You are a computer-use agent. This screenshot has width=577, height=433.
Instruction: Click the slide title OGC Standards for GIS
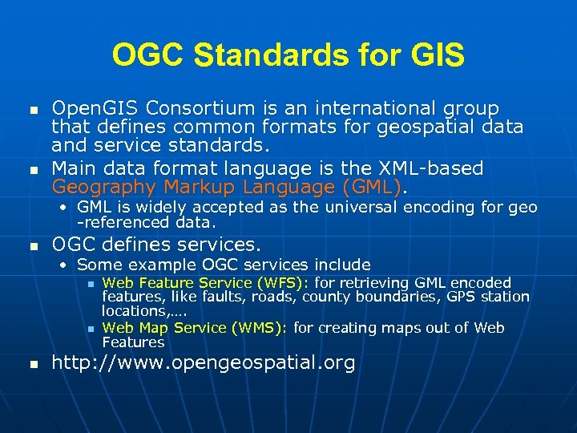pyautogui.click(x=288, y=55)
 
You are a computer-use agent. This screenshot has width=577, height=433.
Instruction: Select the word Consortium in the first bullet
pyautogui.click(x=184, y=108)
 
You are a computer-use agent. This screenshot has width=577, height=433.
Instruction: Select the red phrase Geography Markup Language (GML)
pyautogui.click(x=228, y=187)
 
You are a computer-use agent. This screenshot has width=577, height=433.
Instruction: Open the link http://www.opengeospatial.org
pyautogui.click(x=204, y=363)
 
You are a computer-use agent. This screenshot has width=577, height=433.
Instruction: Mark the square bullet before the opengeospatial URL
pyautogui.click(x=32, y=365)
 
